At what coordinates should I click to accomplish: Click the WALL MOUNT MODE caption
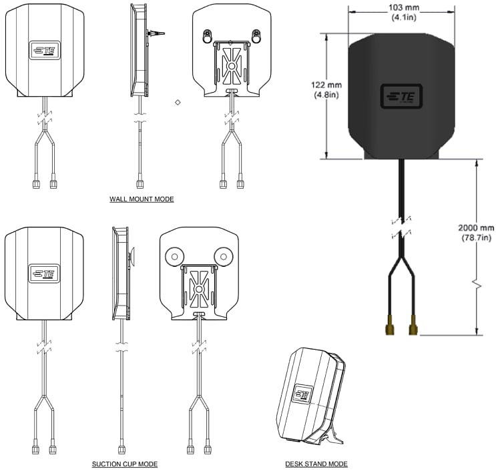tap(142, 199)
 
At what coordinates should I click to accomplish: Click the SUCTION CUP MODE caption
tap(125, 464)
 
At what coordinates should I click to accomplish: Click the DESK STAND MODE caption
tap(316, 464)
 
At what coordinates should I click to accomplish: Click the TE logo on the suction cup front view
tap(44, 273)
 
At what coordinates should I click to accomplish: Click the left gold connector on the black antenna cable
tap(388, 328)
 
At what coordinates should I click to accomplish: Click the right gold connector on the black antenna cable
tap(414, 328)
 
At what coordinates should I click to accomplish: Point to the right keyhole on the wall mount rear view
tap(256, 34)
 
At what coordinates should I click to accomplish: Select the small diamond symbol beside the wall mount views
tap(178, 102)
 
